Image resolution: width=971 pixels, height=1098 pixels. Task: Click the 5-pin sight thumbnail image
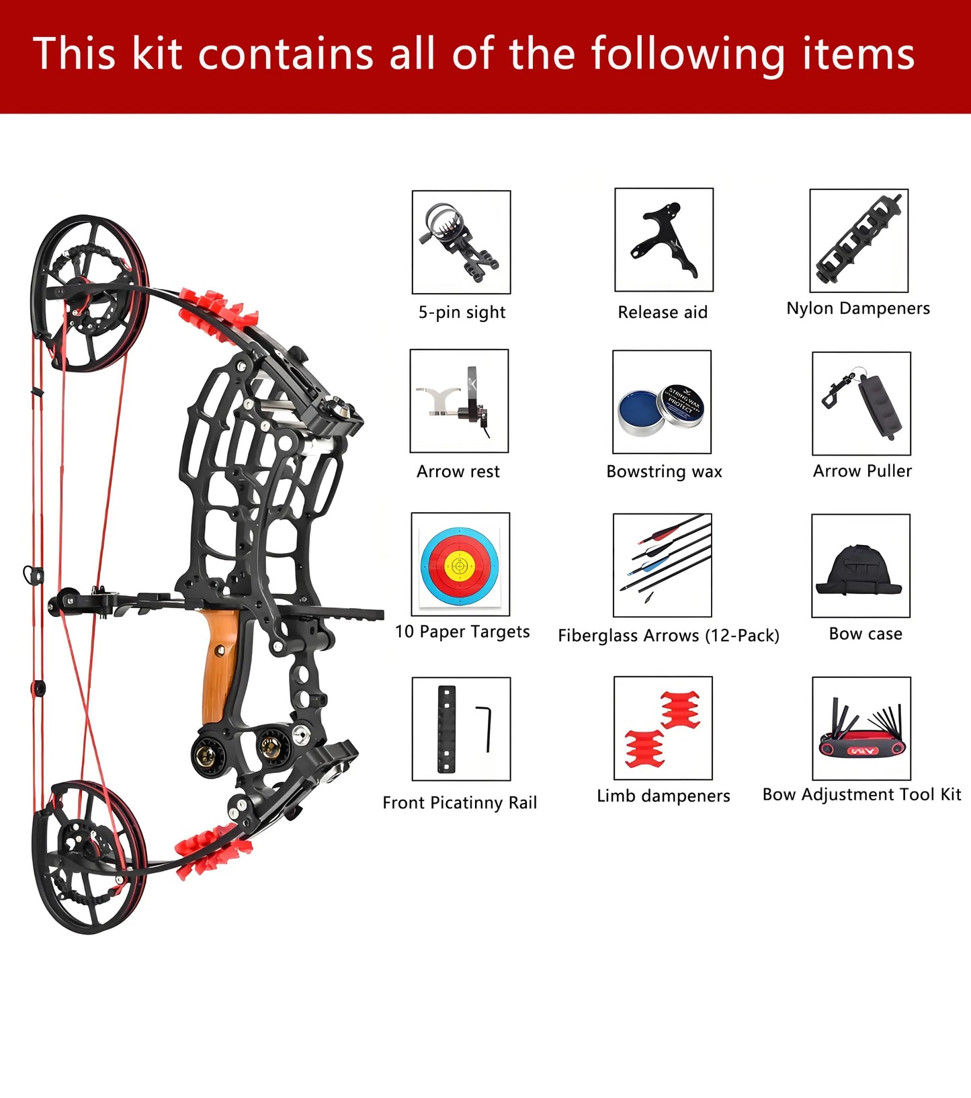(461, 242)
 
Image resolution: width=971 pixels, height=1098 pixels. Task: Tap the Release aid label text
(663, 312)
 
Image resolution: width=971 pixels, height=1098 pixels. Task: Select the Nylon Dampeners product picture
(859, 241)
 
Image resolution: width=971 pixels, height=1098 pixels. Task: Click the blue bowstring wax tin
(641, 411)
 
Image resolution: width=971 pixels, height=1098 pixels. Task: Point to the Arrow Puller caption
(862, 471)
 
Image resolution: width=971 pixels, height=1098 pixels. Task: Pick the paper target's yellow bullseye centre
(460, 566)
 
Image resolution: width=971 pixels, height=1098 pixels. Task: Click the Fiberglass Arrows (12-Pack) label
(668, 636)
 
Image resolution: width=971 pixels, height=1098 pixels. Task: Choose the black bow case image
(860, 571)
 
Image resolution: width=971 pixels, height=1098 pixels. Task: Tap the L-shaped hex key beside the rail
(486, 728)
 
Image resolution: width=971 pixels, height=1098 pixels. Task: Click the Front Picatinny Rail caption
(460, 803)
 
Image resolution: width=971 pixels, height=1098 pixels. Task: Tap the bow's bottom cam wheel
(89, 857)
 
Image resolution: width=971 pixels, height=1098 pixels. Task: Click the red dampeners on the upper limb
(219, 310)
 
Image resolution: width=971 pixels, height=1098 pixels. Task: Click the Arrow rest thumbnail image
(459, 401)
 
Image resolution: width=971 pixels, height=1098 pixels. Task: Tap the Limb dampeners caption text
(663, 796)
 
